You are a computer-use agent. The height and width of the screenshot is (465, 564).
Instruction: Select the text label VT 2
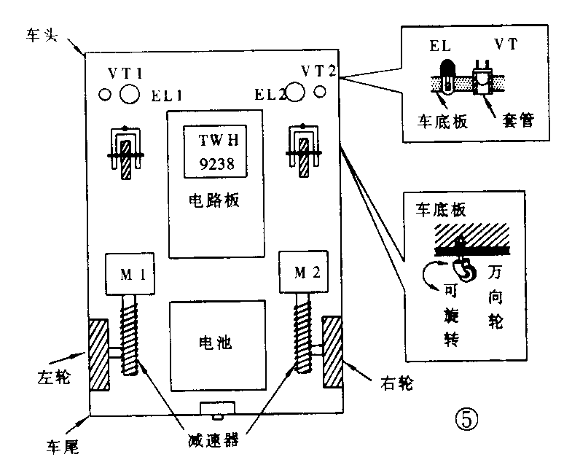(318, 71)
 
